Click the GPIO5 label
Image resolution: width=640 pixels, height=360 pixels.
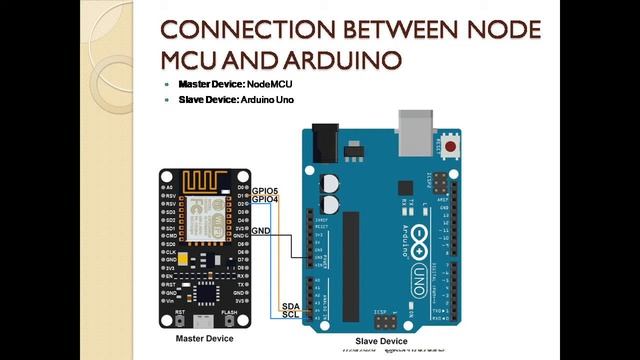click(265, 190)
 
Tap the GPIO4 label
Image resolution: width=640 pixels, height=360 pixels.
click(265, 199)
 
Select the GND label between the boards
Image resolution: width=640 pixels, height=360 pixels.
click(261, 231)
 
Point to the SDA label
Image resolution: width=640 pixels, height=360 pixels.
click(291, 305)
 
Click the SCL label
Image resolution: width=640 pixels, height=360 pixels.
click(291, 314)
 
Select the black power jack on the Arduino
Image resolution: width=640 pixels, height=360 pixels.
click(321, 140)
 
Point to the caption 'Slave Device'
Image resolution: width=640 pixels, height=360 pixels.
click(382, 342)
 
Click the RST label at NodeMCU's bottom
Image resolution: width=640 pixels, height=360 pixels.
click(180, 312)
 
